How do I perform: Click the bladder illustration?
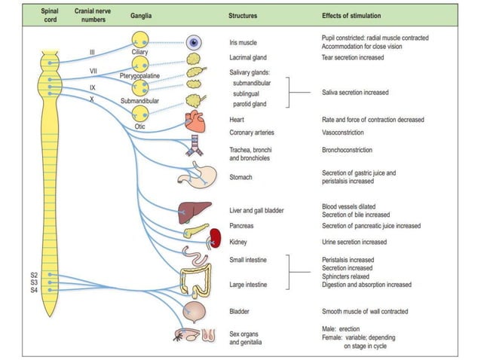[195, 310]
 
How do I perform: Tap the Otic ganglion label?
[140, 127]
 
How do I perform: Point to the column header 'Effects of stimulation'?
[351, 15]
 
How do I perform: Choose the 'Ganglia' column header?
[140, 15]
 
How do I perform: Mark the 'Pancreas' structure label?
[244, 226]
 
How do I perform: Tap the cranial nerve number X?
[91, 99]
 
